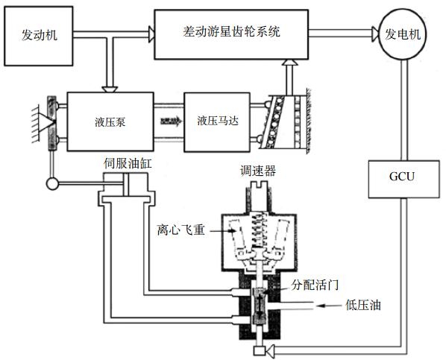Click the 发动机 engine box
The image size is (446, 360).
click(39, 36)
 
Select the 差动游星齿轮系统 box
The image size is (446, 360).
click(231, 34)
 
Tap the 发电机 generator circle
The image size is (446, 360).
click(402, 34)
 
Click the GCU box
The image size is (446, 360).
click(404, 179)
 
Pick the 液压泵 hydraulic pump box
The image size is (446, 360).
click(110, 121)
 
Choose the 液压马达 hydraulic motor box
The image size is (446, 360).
click(217, 122)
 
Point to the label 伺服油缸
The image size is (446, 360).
click(128, 164)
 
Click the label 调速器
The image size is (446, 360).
click(258, 171)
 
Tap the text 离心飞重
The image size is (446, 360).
click(181, 230)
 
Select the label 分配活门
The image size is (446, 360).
click(315, 285)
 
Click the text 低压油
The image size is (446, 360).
click(363, 306)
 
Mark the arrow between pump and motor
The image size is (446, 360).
click(171, 121)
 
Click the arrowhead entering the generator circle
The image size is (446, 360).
click(375, 34)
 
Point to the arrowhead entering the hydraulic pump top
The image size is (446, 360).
click(110, 89)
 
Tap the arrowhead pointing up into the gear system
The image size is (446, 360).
click(290, 63)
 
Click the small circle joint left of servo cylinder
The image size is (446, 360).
click(52, 183)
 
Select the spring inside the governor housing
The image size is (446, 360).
click(260, 230)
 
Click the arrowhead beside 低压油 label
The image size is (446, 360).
click(320, 306)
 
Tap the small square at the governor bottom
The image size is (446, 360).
click(259, 351)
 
